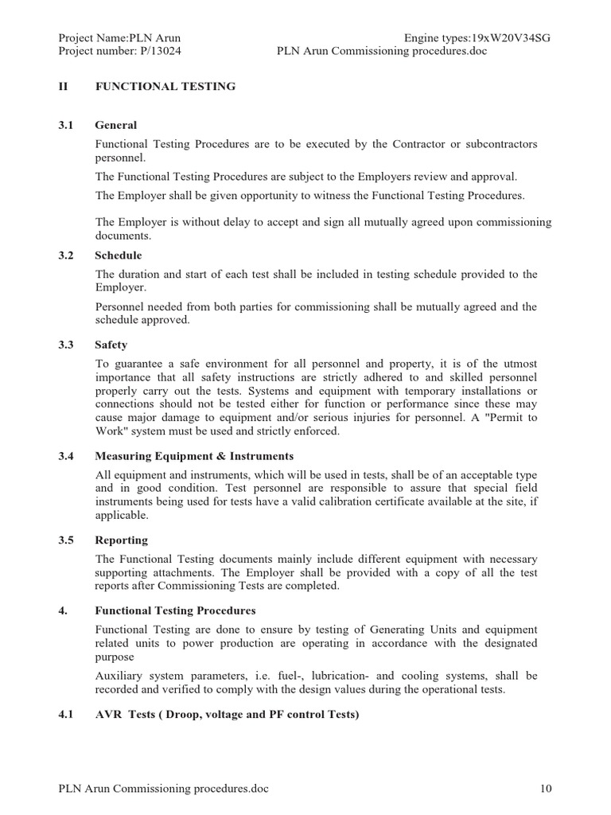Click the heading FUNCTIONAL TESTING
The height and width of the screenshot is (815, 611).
coord(165,86)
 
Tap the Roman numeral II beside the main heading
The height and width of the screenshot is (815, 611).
coord(64,86)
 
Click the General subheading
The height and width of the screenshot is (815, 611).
coord(116,125)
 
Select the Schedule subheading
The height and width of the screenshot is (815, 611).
coord(119,255)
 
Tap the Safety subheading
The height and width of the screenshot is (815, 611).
coord(111,345)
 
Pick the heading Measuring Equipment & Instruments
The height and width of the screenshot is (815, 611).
coord(194,456)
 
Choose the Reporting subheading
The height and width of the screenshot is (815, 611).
coord(122,540)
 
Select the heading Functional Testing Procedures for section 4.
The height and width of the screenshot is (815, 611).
coord(175,610)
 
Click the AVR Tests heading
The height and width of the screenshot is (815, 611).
coord(227,715)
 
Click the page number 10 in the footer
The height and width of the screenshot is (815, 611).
coord(545,789)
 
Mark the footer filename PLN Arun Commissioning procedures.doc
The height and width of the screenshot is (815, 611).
coord(164,789)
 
